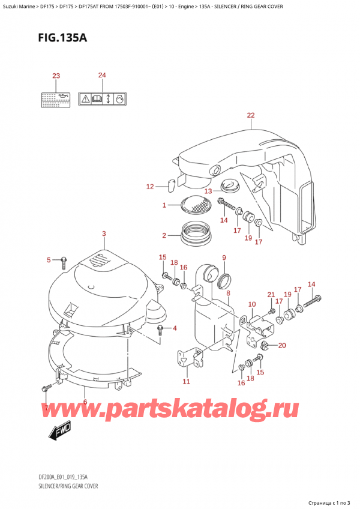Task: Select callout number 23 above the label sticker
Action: tap(56, 76)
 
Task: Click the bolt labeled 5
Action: tap(63, 260)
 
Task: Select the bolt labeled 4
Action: tap(161, 329)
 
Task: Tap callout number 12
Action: tap(151, 187)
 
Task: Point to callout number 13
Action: tap(208, 191)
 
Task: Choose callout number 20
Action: tap(282, 345)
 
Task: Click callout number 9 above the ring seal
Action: tap(224, 258)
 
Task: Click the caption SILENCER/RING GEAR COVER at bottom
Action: tap(63, 486)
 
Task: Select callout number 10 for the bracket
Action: tap(252, 304)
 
